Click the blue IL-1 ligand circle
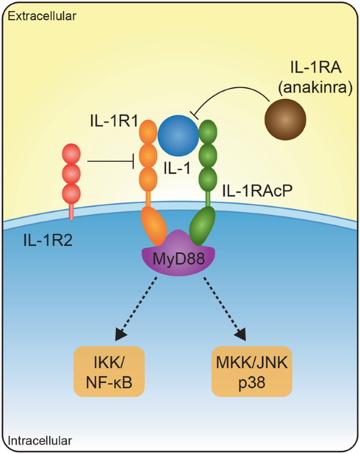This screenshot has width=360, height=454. coord(178,136)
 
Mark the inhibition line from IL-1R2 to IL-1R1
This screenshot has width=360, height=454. coord(110,162)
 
